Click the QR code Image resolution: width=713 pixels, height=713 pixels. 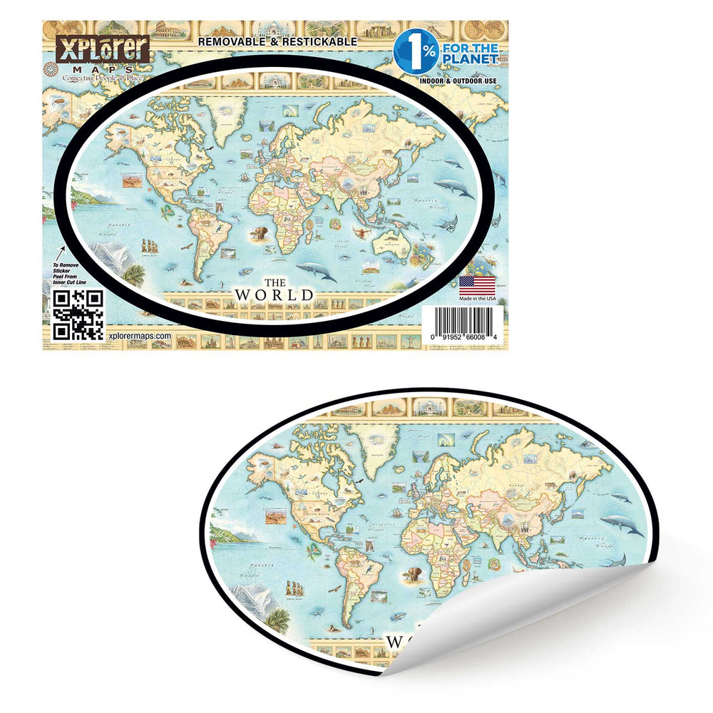79,314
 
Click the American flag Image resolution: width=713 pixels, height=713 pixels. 477,284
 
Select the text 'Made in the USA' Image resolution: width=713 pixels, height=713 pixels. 477,298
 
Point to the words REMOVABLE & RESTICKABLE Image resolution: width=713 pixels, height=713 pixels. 277,42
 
